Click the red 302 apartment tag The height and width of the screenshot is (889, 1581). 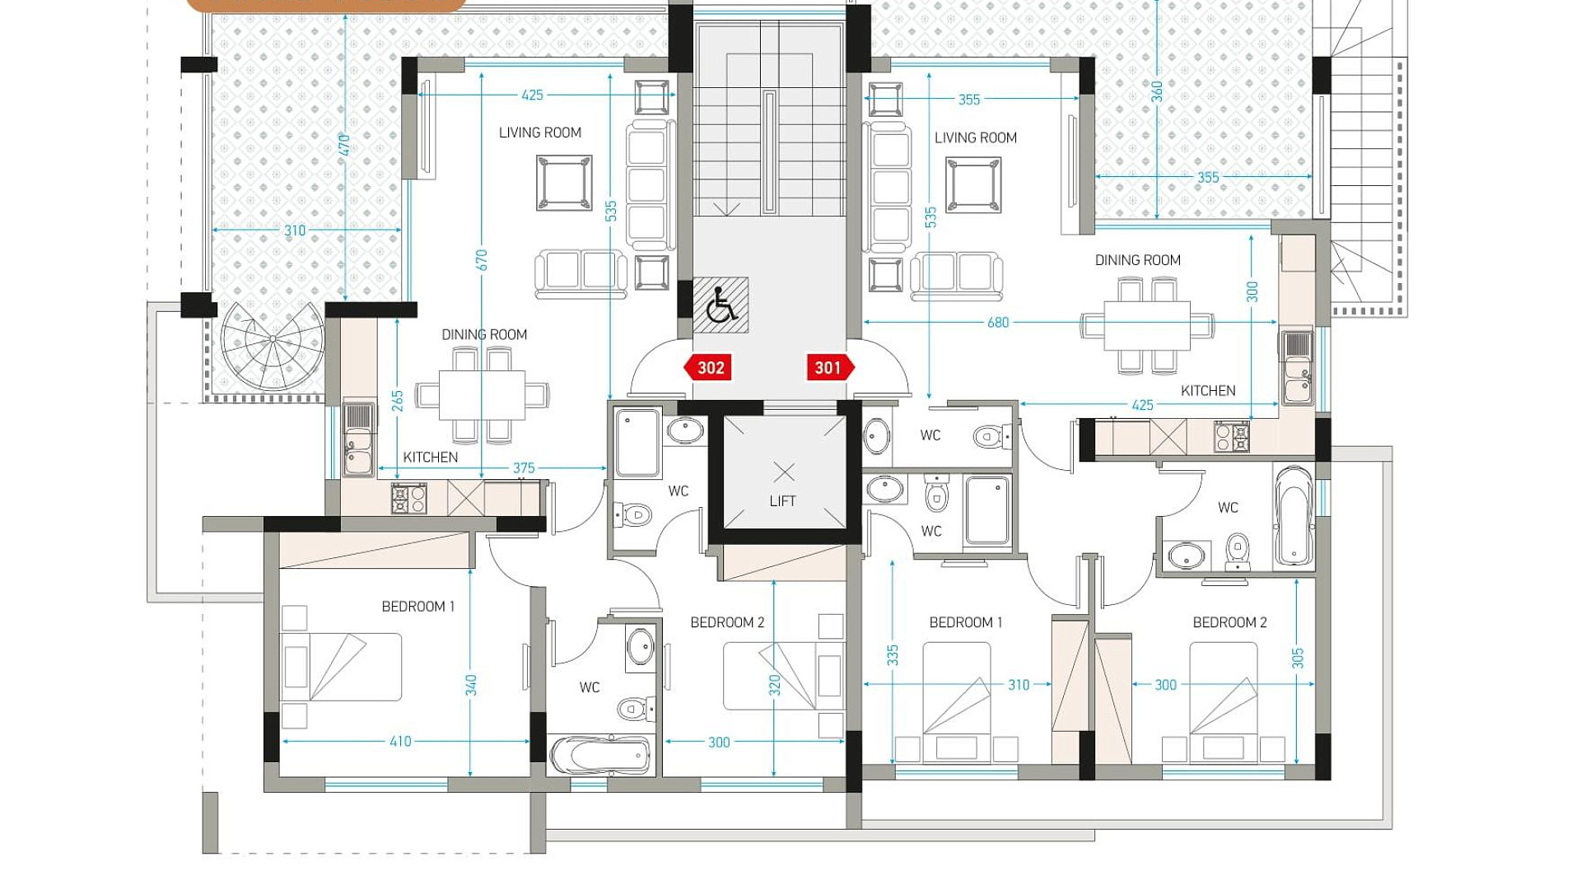707,368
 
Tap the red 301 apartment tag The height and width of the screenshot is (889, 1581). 830,368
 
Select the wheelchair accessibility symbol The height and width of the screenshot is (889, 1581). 721,305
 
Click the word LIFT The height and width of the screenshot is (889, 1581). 782,501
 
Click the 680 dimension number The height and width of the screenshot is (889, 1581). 998,323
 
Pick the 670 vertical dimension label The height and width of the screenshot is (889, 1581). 482,260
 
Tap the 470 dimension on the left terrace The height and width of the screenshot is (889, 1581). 344,145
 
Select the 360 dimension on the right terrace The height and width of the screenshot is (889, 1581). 1157,91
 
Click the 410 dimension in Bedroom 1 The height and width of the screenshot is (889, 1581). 400,742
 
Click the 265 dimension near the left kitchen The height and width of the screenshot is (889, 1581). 398,401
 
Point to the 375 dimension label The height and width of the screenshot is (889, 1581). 524,468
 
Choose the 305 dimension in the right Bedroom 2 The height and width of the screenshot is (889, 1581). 1298,659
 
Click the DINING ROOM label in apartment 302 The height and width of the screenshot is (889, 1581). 484,335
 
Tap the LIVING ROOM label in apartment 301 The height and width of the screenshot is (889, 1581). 976,138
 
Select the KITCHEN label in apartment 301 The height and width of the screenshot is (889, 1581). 1208,391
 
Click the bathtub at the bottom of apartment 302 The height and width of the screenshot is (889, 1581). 599,754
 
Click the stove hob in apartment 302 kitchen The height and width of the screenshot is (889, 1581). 408,498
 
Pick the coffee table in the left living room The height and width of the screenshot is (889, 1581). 564,183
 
